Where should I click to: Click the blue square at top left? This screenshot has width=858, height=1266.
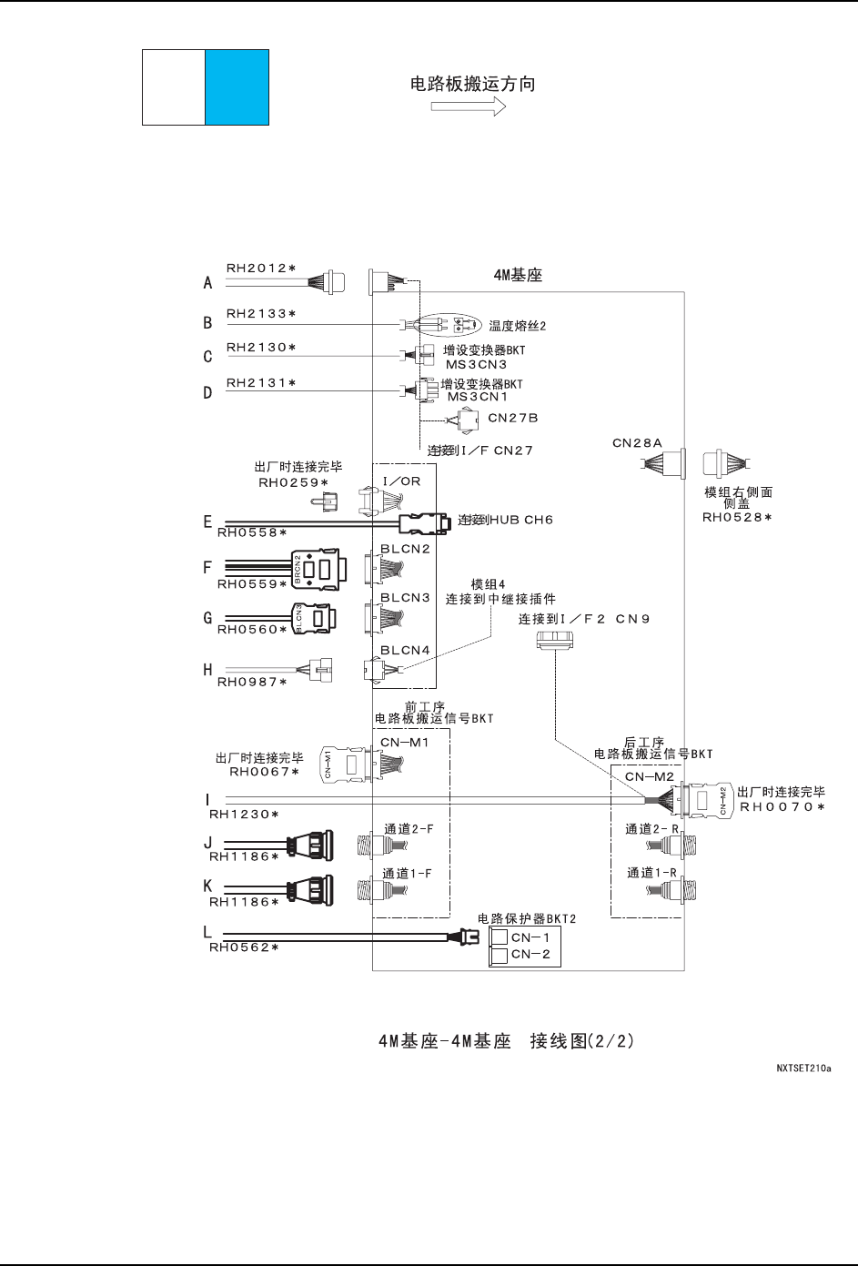click(237, 87)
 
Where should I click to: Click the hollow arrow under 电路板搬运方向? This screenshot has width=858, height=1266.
click(468, 106)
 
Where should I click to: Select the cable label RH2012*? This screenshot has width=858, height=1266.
click(261, 268)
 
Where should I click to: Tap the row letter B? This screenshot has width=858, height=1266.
click(207, 323)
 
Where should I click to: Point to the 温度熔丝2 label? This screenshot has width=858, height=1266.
click(517, 325)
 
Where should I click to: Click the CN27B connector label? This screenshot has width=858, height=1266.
click(513, 418)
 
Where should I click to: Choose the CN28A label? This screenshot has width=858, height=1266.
click(637, 443)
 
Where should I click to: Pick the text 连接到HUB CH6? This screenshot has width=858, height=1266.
click(506, 520)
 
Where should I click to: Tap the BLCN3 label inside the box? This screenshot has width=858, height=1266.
click(405, 598)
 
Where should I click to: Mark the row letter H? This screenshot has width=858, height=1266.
click(207, 670)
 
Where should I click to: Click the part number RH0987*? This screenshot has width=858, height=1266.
click(251, 682)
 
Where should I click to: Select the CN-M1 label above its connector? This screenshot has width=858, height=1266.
click(404, 742)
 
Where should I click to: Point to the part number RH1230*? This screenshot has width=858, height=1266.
click(244, 814)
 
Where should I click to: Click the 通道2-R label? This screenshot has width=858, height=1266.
click(652, 829)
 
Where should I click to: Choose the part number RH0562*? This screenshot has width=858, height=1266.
click(244, 947)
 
